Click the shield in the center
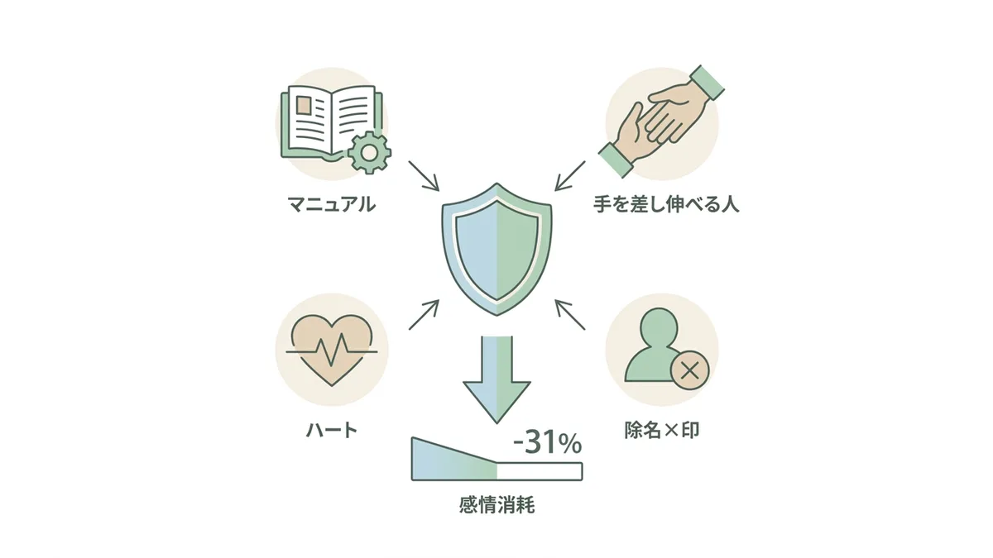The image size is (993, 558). pos(497,249)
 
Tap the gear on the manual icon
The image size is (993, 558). pos(369,153)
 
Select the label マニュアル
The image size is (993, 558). pos(332,205)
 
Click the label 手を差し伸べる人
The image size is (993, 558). pos(666,205)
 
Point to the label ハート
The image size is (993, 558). pos(332,430)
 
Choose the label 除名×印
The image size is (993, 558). pos(662,430)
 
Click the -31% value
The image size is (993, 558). pos(547,444)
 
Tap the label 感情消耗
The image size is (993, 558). pos(497,505)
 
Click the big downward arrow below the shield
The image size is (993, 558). pos(497,379)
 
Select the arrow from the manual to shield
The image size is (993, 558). pos(424,176)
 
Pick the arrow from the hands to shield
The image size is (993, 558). pos(570,176)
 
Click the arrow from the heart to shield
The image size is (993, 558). pos(424,315)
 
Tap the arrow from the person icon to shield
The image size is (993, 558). pos(570,315)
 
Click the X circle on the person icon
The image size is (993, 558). pos(690,370)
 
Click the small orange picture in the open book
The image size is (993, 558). pos(304,106)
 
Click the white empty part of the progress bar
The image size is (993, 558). pos(540,471)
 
